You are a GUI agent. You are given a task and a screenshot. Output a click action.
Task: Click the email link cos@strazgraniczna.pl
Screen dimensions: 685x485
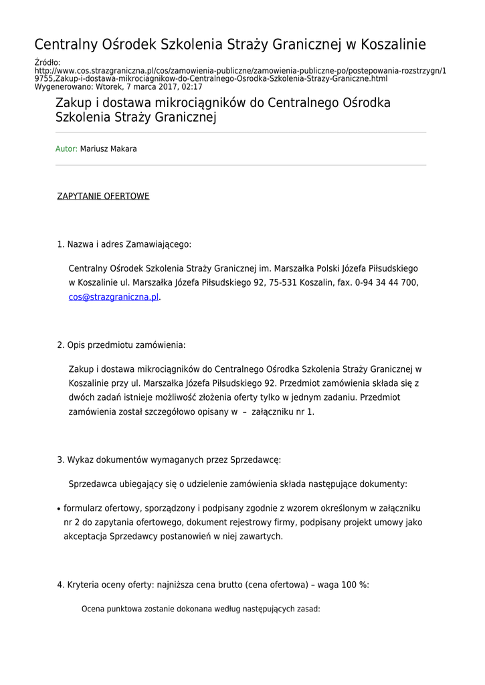114,297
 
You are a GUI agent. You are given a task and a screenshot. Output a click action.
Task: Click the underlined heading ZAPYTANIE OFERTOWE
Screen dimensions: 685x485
103,196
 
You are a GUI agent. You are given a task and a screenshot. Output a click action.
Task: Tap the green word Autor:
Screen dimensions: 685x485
66,149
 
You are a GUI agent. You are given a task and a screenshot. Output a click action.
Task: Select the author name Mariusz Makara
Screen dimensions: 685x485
108,149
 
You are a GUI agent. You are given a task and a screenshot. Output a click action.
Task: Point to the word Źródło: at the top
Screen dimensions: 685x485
47,62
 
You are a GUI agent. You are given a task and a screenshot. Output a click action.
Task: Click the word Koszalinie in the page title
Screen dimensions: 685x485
393,45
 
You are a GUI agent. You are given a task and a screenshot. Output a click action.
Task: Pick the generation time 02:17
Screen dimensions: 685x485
192,87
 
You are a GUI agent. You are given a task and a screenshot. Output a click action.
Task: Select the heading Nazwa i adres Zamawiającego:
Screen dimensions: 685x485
129,244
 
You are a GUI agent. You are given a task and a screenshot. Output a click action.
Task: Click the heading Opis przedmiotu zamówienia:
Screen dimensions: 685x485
126,345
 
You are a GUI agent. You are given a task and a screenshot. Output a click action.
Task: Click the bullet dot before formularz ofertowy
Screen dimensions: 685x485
59,509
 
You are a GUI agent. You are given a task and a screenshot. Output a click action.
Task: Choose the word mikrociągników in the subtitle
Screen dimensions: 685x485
189,104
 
